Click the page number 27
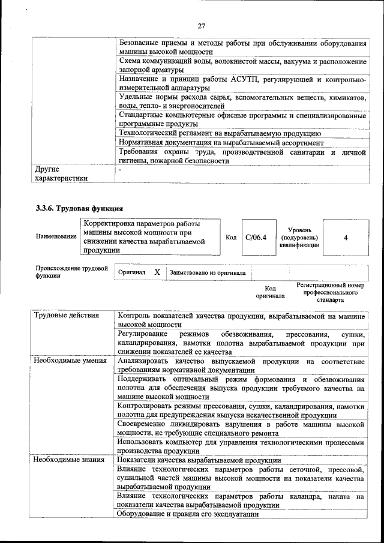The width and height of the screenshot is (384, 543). coord(202,25)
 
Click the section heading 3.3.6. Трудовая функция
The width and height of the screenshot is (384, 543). coord(79,209)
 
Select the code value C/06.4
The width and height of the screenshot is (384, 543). coord(256,237)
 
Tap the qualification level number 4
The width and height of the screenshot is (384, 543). coord(346,237)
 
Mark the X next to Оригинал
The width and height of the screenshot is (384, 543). coord(157,272)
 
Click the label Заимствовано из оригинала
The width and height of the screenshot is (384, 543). coord(208,272)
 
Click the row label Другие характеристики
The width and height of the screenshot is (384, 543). coord(62,173)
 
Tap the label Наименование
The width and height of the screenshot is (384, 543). coord(56,237)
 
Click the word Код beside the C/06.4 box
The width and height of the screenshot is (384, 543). coord(231,238)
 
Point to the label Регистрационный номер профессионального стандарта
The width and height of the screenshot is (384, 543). coord(331,292)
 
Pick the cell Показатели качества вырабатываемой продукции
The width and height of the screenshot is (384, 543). coord(196,460)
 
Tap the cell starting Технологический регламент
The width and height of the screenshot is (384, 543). coord(219,133)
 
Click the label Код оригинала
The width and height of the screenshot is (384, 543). coord(270,292)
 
